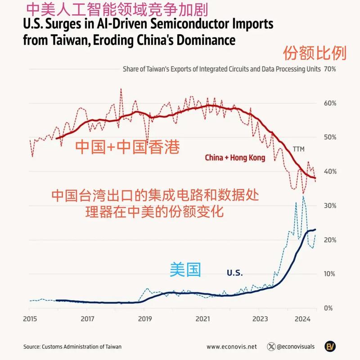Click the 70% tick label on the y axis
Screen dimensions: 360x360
330,69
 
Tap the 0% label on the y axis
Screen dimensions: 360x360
328,308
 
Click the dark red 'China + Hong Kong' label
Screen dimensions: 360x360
235,158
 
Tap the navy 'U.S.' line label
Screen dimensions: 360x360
234,273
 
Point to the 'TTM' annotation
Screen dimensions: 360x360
299,149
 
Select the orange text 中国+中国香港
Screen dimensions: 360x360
127,147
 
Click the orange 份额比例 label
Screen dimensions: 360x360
315,54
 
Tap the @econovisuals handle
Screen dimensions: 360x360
296,346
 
